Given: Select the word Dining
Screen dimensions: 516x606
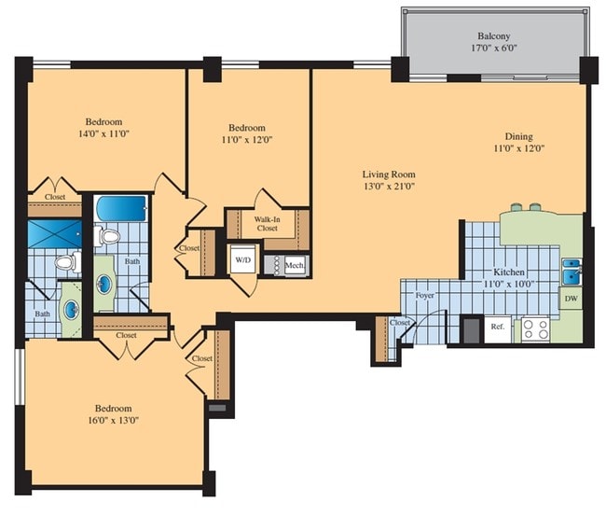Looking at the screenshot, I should (x=518, y=135).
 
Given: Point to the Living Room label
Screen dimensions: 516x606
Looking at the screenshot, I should (x=389, y=174).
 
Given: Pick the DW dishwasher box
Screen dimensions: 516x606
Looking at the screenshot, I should (x=570, y=299).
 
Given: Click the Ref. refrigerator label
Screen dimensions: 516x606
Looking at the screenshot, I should (x=497, y=328).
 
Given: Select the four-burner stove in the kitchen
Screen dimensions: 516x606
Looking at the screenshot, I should (x=534, y=328).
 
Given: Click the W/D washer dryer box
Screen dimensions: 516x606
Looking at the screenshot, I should (x=242, y=258).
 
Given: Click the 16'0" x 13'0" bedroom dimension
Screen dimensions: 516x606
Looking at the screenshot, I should (x=111, y=422).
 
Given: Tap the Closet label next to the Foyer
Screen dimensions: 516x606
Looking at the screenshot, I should (x=400, y=322).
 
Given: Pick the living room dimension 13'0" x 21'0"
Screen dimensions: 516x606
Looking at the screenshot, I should (x=389, y=187).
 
